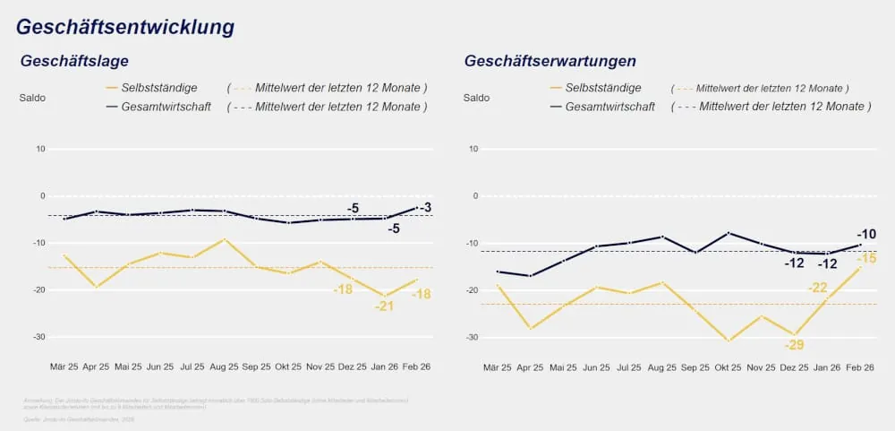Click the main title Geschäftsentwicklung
click(x=125, y=27)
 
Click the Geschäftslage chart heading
click(x=74, y=61)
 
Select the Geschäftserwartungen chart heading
click(x=550, y=61)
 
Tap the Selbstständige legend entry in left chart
click(x=164, y=88)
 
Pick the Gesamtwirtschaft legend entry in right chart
click(x=610, y=106)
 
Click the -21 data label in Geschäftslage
click(x=385, y=306)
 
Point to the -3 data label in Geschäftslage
click(x=425, y=208)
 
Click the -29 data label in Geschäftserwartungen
click(x=794, y=345)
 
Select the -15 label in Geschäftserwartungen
click(x=866, y=259)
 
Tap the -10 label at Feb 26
click(x=866, y=235)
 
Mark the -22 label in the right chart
click(x=817, y=288)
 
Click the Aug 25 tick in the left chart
click(x=223, y=367)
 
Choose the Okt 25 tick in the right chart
click(x=729, y=367)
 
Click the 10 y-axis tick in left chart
click(x=40, y=149)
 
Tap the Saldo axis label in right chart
click(x=476, y=97)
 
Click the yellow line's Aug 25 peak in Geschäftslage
click(x=224, y=239)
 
